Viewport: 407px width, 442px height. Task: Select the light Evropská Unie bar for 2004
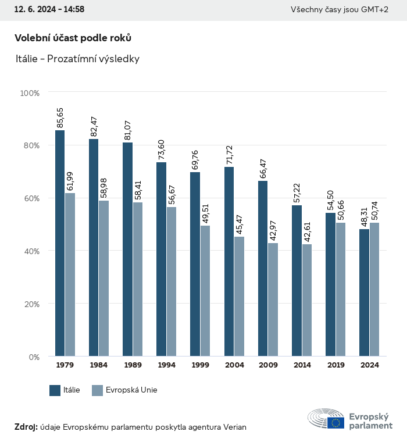pos(240,296)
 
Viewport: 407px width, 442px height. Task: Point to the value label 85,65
pos(60,117)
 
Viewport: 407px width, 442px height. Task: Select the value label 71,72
pos(229,154)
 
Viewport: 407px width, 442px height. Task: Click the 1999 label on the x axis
pos(201,365)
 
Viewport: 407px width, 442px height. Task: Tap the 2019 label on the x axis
pos(335,365)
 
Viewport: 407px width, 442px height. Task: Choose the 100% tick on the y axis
pos(30,93)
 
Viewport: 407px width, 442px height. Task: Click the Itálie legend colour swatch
pos(55,390)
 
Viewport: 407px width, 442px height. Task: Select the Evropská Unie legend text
pos(131,390)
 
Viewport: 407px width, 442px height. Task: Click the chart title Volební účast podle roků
pos(73,38)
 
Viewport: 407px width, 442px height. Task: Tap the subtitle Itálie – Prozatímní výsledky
pos(77,59)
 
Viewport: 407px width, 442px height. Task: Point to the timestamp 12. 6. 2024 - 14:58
pos(49,10)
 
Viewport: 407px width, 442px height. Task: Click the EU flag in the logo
pos(335,423)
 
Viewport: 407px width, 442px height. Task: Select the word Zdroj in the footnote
pos(26,427)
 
